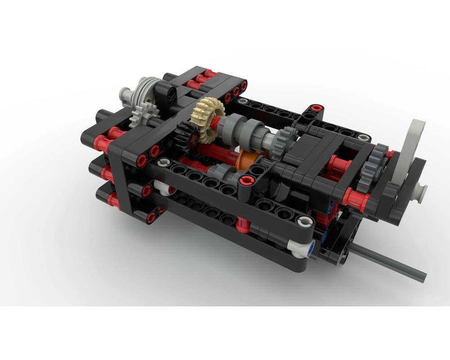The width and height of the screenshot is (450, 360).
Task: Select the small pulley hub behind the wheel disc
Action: click(420, 192)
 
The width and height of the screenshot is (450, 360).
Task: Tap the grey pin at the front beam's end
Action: click(305, 221)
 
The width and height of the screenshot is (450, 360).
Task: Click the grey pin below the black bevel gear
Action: click(164, 162)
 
